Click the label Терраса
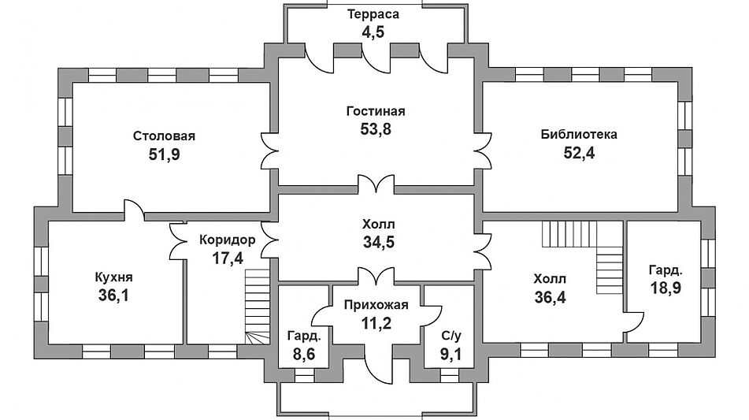point(375,14)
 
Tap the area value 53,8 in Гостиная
point(375,128)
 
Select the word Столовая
point(164,136)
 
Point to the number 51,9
point(164,154)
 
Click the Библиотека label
point(579,134)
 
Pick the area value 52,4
point(579,153)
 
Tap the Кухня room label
point(113,277)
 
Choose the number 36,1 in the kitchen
point(113,296)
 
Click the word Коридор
point(228,239)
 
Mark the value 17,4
point(227,257)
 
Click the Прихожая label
point(375,303)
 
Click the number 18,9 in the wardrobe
point(665,288)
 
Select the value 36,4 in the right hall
point(549,297)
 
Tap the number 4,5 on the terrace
point(375,32)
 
